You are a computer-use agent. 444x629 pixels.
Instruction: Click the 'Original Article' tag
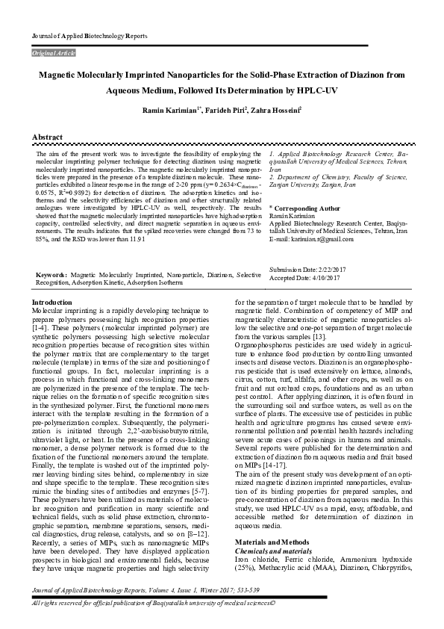coord(53,54)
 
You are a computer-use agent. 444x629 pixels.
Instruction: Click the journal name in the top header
coord(89,36)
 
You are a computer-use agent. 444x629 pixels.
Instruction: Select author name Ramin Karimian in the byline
coord(170,110)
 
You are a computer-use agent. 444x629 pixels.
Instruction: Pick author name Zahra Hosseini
coord(277,110)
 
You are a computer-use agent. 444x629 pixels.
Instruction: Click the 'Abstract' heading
coord(47,138)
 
